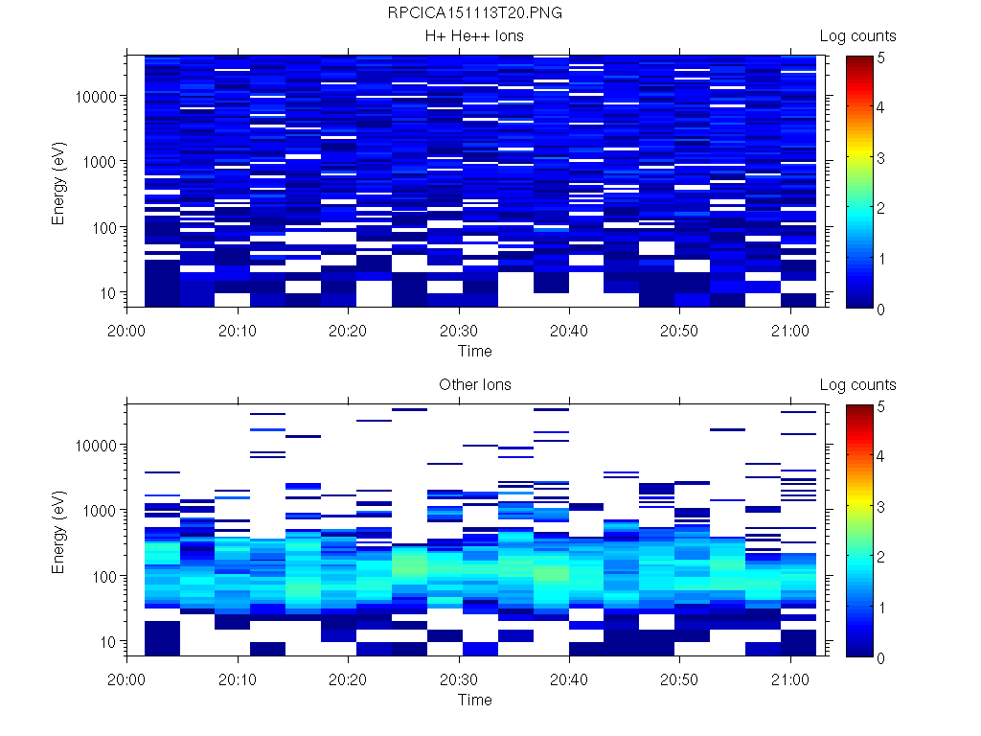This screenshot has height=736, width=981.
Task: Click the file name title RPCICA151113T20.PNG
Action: [474, 14]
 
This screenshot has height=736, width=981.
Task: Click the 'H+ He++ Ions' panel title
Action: [474, 36]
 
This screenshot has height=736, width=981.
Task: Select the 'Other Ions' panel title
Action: [474, 385]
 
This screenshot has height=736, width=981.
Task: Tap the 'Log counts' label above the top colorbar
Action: [857, 36]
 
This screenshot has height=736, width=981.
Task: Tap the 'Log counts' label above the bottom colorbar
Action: [857, 385]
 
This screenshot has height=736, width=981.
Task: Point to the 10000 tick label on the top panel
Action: [96, 97]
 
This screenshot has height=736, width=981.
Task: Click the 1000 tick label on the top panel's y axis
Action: [100, 162]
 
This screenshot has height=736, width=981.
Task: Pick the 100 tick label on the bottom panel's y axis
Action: [103, 576]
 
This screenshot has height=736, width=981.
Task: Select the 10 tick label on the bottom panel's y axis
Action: [107, 641]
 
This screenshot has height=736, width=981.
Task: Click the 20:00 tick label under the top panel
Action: [127, 331]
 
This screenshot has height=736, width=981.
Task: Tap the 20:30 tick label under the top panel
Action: [459, 331]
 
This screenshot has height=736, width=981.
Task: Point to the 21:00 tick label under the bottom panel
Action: [789, 679]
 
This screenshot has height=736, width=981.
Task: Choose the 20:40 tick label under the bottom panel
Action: [569, 679]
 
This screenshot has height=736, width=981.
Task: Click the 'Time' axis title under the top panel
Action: [474, 351]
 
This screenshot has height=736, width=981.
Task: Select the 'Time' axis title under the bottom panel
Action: [474, 700]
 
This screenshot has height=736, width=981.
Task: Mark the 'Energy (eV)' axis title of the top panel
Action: [59, 182]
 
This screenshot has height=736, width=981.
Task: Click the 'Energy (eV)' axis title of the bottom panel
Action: [59, 531]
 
